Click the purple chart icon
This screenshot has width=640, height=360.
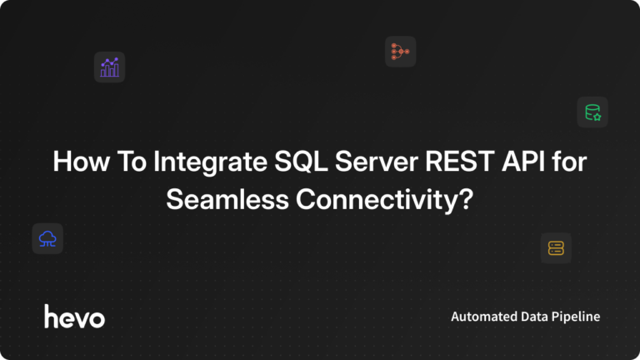pos(109,67)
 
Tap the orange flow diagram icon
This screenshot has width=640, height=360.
pos(400,52)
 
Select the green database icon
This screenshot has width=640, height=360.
pos(592,112)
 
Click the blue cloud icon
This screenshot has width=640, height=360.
pos(47,238)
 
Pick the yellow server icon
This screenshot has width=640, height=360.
pos(556,247)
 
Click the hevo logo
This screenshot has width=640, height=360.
pos(74,317)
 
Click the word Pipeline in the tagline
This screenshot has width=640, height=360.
pos(577,317)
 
